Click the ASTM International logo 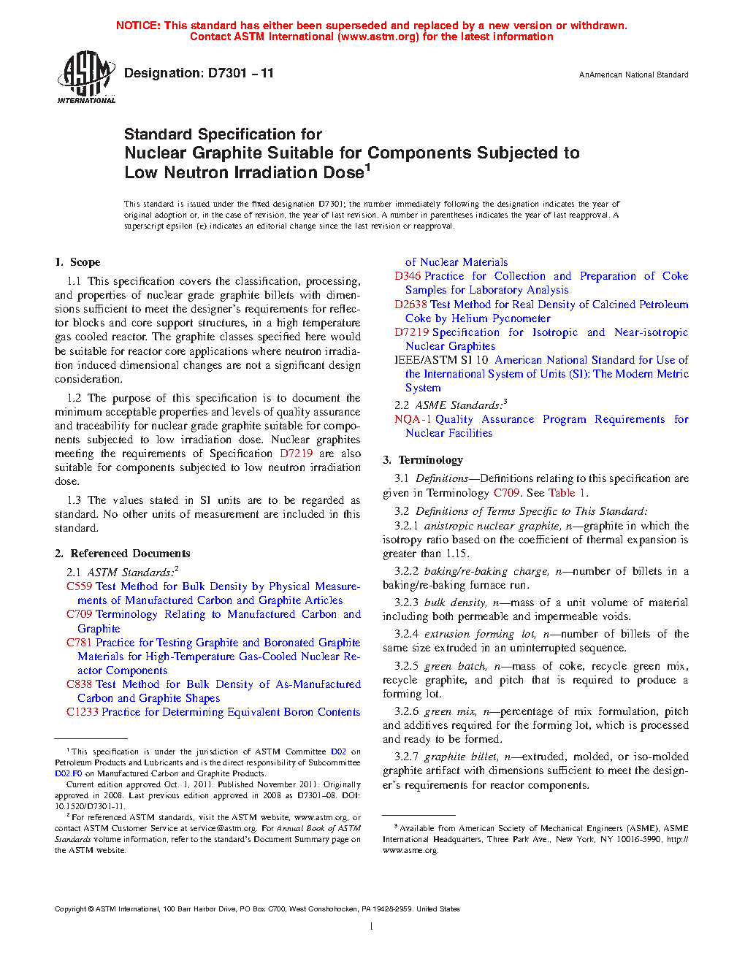(x=85, y=77)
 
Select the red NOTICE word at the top (x=138, y=26)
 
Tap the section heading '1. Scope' (x=77, y=262)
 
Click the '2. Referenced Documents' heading (x=122, y=554)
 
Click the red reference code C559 (x=79, y=586)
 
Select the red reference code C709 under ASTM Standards (x=79, y=614)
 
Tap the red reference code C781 (x=79, y=643)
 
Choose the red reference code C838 (x=79, y=684)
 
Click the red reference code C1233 (x=82, y=712)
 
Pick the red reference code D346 (x=408, y=276)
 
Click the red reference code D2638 (x=410, y=305)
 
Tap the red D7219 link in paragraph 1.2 (x=296, y=454)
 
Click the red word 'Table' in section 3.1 (x=562, y=493)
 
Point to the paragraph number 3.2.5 (x=406, y=666)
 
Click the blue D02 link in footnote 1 (x=338, y=751)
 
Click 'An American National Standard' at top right (x=633, y=74)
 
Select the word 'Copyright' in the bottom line (x=70, y=909)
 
